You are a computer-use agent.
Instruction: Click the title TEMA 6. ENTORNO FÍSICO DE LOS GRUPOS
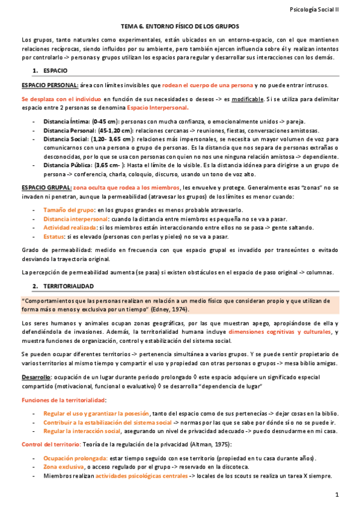coord(180,27)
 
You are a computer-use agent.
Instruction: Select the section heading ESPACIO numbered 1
coord(55,70)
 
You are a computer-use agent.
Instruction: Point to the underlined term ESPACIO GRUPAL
coord(45,187)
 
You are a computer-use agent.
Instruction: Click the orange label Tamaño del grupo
coord(69,209)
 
